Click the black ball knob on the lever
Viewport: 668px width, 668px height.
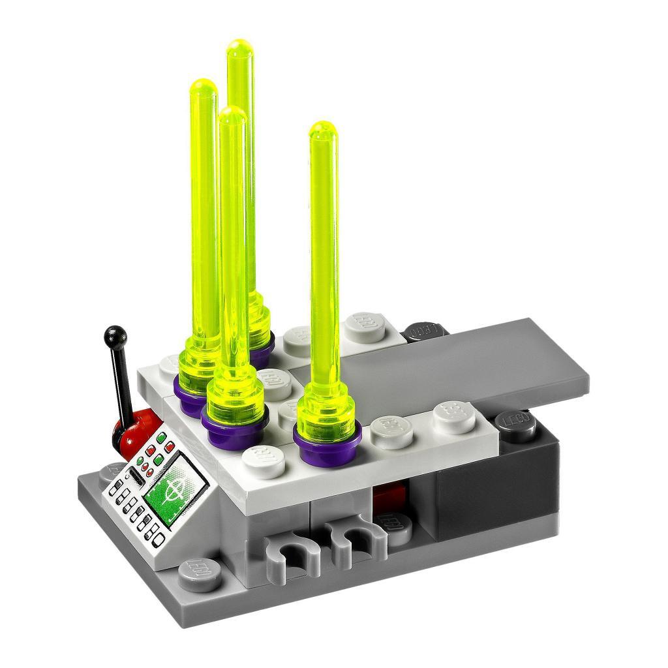coord(114,335)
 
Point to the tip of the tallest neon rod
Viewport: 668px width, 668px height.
coord(240,48)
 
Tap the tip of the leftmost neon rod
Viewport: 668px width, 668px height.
coord(202,87)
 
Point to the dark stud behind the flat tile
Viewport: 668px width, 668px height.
coord(425,330)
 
